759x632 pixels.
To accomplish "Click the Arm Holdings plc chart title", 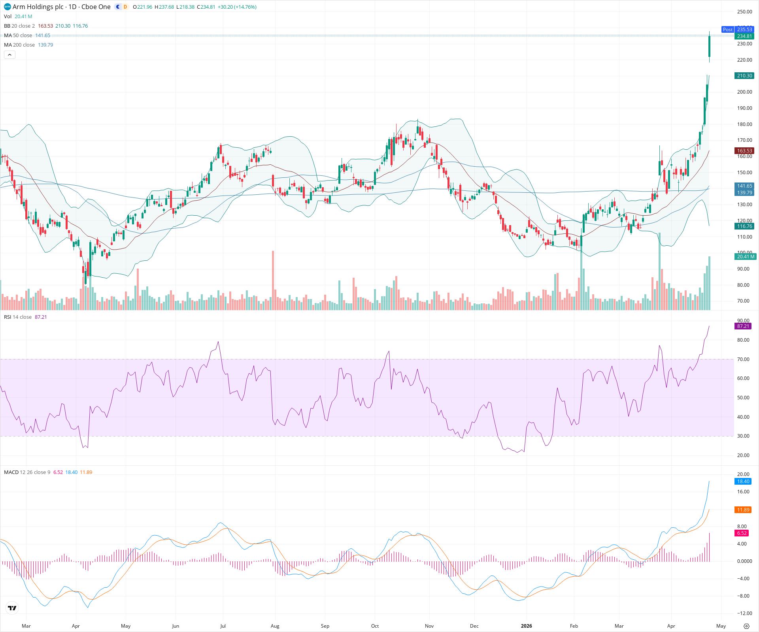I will coord(61,7).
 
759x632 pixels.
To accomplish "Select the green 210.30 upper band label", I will coord(744,76).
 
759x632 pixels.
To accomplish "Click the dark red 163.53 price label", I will coord(744,151).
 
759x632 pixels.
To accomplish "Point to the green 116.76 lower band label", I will coord(744,226).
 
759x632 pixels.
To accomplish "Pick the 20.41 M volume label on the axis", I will coord(745,257).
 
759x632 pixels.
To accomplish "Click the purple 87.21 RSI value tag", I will coord(743,326).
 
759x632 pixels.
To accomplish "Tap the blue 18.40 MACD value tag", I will coord(743,482).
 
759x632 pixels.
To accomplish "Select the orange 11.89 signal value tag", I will coord(743,510).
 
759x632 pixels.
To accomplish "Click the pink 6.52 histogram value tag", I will coord(742,533).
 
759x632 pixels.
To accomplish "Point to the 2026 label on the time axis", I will coord(526,626).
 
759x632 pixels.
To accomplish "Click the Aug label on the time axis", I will coord(275,626).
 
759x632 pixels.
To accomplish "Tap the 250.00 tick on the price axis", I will coord(744,12).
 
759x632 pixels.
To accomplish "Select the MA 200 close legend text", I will coord(20,45).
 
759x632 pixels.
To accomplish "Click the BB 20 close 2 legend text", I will coord(19,26).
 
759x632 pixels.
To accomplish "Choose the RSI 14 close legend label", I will coord(18,317).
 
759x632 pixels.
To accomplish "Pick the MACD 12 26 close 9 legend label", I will coord(27,472).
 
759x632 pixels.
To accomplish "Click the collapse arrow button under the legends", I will coord(9,55).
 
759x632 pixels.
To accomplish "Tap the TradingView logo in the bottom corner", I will coord(12,608).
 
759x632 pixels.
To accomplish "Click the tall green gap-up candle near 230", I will coord(710,47).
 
